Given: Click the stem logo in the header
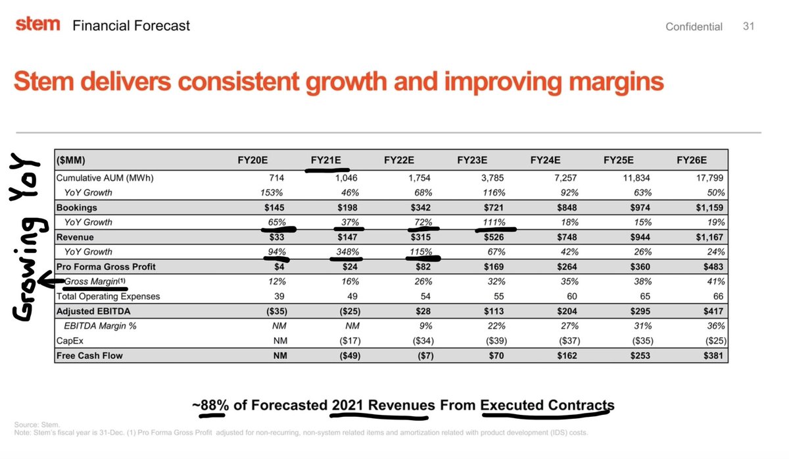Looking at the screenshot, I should click(x=37, y=24).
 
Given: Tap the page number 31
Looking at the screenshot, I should click(x=748, y=26).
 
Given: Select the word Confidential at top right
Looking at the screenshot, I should click(x=694, y=26).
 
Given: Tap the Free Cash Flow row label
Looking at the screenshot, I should click(x=89, y=356).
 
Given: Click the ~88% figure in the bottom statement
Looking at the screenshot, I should click(x=210, y=405).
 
